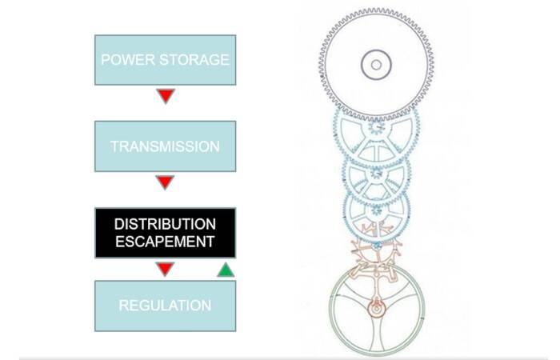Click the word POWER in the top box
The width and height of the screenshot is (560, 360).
(x=127, y=60)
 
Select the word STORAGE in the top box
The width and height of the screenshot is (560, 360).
(x=194, y=60)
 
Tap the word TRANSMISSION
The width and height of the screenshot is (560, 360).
(x=165, y=146)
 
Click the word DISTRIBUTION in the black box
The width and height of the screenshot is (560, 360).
(x=165, y=224)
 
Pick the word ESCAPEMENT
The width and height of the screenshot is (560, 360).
(x=165, y=242)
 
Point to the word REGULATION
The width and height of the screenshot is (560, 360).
(x=165, y=306)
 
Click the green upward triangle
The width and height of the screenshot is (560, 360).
(x=226, y=270)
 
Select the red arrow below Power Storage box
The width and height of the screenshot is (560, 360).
(x=166, y=96)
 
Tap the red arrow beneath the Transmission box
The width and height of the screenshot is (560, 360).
(x=165, y=182)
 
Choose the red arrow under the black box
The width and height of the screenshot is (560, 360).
(x=165, y=269)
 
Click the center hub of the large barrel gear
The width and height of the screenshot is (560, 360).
(x=376, y=65)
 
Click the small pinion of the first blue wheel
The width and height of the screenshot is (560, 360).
(x=377, y=126)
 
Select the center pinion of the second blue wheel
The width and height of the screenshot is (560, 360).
(x=377, y=174)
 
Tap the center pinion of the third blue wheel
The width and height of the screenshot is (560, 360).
(x=377, y=210)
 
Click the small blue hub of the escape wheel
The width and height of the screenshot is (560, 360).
(x=377, y=246)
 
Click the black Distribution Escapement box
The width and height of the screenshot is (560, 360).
(x=166, y=233)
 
